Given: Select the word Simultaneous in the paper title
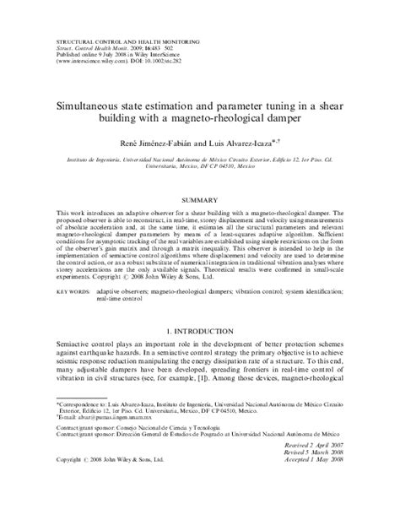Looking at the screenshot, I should tap(95, 109).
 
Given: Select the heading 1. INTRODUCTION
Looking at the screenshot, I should tap(200, 333).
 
